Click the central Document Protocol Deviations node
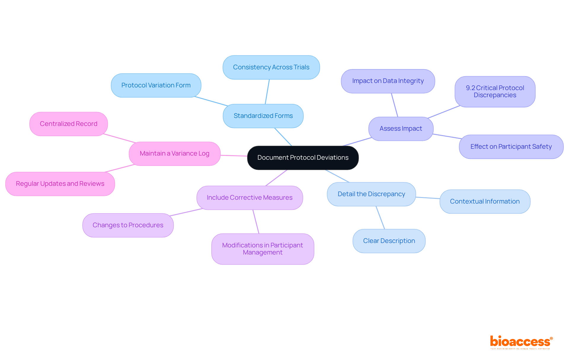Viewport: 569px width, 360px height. (303, 158)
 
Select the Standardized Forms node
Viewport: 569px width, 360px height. (263, 116)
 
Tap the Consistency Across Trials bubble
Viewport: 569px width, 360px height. (271, 67)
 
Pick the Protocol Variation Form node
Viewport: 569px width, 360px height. (156, 85)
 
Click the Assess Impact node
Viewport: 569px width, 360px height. (401, 129)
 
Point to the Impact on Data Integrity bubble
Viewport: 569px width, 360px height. (388, 81)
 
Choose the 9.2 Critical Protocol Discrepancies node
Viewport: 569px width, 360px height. (495, 92)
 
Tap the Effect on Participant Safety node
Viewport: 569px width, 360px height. (511, 147)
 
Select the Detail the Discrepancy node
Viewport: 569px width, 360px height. (371, 194)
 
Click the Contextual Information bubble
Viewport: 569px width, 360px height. (485, 201)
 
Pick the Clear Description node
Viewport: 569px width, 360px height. (389, 241)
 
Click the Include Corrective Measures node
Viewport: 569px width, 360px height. (250, 198)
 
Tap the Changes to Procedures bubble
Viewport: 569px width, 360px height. (128, 225)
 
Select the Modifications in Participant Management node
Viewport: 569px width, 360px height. (263, 249)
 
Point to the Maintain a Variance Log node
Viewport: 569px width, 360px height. (175, 153)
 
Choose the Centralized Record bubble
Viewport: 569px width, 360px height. (68, 124)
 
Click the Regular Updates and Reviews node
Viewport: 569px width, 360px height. (60, 184)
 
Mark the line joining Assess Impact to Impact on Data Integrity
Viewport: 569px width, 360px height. (394, 105)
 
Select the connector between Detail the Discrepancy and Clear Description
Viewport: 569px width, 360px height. (380, 217)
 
